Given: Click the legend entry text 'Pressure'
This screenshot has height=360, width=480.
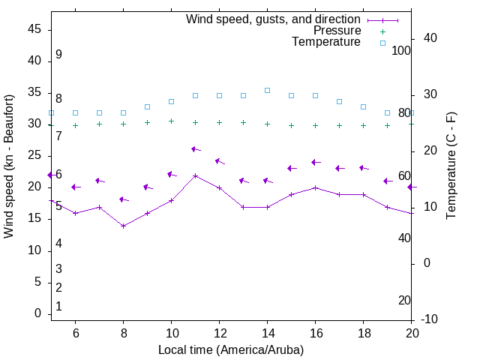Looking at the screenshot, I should click(337, 31).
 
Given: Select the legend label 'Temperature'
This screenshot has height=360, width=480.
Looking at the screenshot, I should click(326, 42).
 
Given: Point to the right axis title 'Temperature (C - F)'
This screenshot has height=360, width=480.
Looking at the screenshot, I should click(451, 166).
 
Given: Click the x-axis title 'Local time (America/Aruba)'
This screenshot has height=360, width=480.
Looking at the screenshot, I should click(231, 349).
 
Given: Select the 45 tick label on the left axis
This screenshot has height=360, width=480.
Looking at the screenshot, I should click(34, 29).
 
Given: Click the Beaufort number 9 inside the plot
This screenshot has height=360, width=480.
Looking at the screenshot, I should click(58, 55).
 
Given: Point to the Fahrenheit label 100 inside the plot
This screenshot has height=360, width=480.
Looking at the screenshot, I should click(401, 51).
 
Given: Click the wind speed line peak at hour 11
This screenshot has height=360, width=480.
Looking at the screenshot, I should click(195, 176).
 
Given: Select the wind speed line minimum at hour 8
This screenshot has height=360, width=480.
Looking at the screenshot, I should click(123, 226).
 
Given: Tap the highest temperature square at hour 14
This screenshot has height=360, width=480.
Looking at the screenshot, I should click(267, 90).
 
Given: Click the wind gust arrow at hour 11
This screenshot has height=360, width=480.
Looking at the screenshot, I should click(195, 149).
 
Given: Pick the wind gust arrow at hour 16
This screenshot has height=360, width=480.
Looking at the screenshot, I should click(315, 162).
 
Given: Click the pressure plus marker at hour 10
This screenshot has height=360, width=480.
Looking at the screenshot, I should click(171, 121).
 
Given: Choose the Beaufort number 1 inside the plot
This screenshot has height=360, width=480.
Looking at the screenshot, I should click(58, 307).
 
